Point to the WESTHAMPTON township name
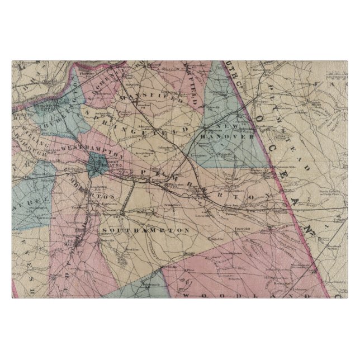pyautogui.click(x=89, y=149)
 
